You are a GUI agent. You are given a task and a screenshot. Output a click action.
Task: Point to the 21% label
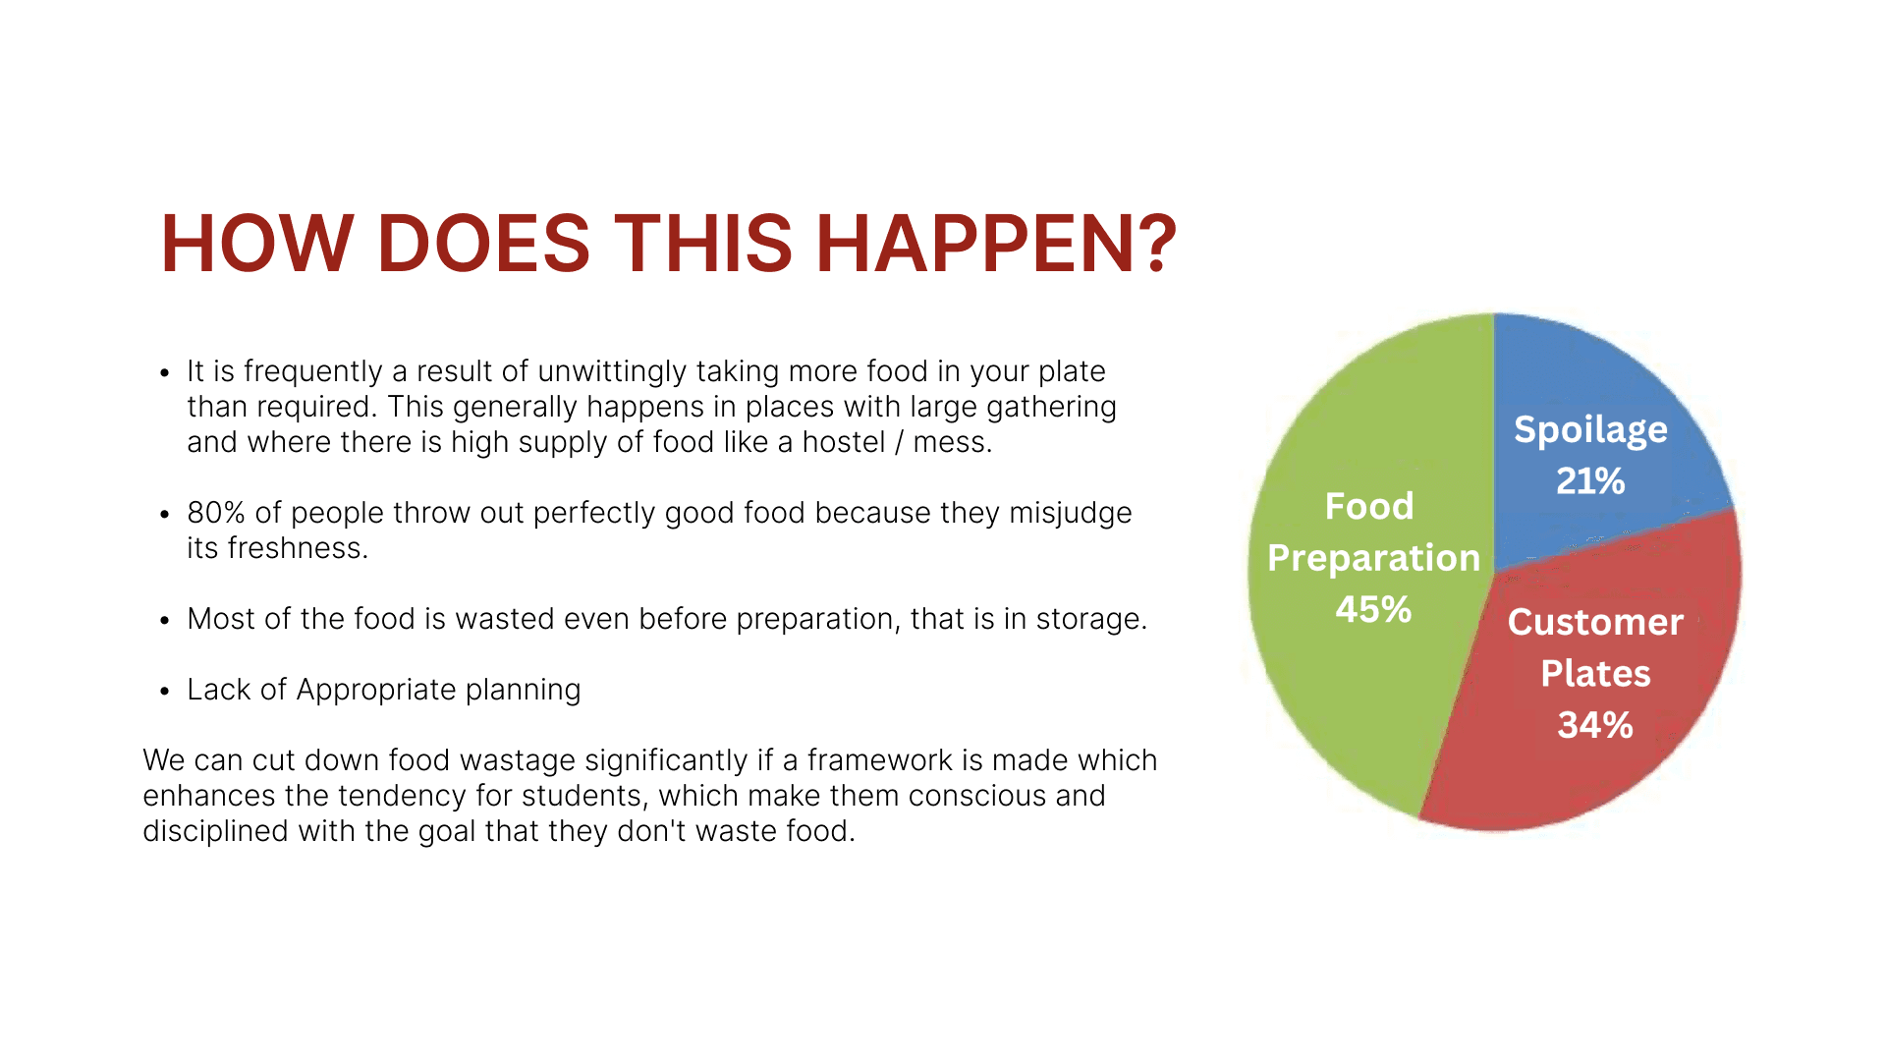pos(1590,480)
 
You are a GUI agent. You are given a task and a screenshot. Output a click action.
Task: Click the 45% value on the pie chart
pos(1373,609)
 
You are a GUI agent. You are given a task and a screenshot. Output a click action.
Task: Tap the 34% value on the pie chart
pos(1595,725)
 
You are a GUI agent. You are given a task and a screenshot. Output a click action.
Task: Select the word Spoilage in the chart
pos(1590,430)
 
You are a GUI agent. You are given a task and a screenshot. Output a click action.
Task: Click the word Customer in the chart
pos(1595,622)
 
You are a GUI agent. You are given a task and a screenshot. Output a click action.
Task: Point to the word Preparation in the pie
pos(1373,558)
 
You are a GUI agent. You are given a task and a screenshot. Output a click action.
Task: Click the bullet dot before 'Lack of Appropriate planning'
pos(165,692)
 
